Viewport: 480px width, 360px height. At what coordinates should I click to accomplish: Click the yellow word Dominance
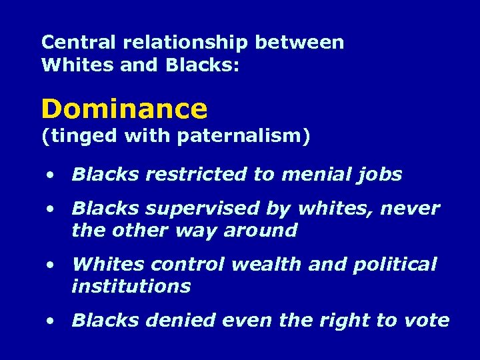124,108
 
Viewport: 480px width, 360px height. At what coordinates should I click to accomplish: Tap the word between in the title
300,43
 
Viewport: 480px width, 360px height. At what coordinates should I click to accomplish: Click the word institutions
131,287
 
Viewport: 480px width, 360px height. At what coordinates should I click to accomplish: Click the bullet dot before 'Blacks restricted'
51,175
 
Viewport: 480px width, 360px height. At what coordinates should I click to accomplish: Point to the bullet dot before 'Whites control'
51,265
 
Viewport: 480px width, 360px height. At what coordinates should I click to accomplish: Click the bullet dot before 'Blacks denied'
51,321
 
